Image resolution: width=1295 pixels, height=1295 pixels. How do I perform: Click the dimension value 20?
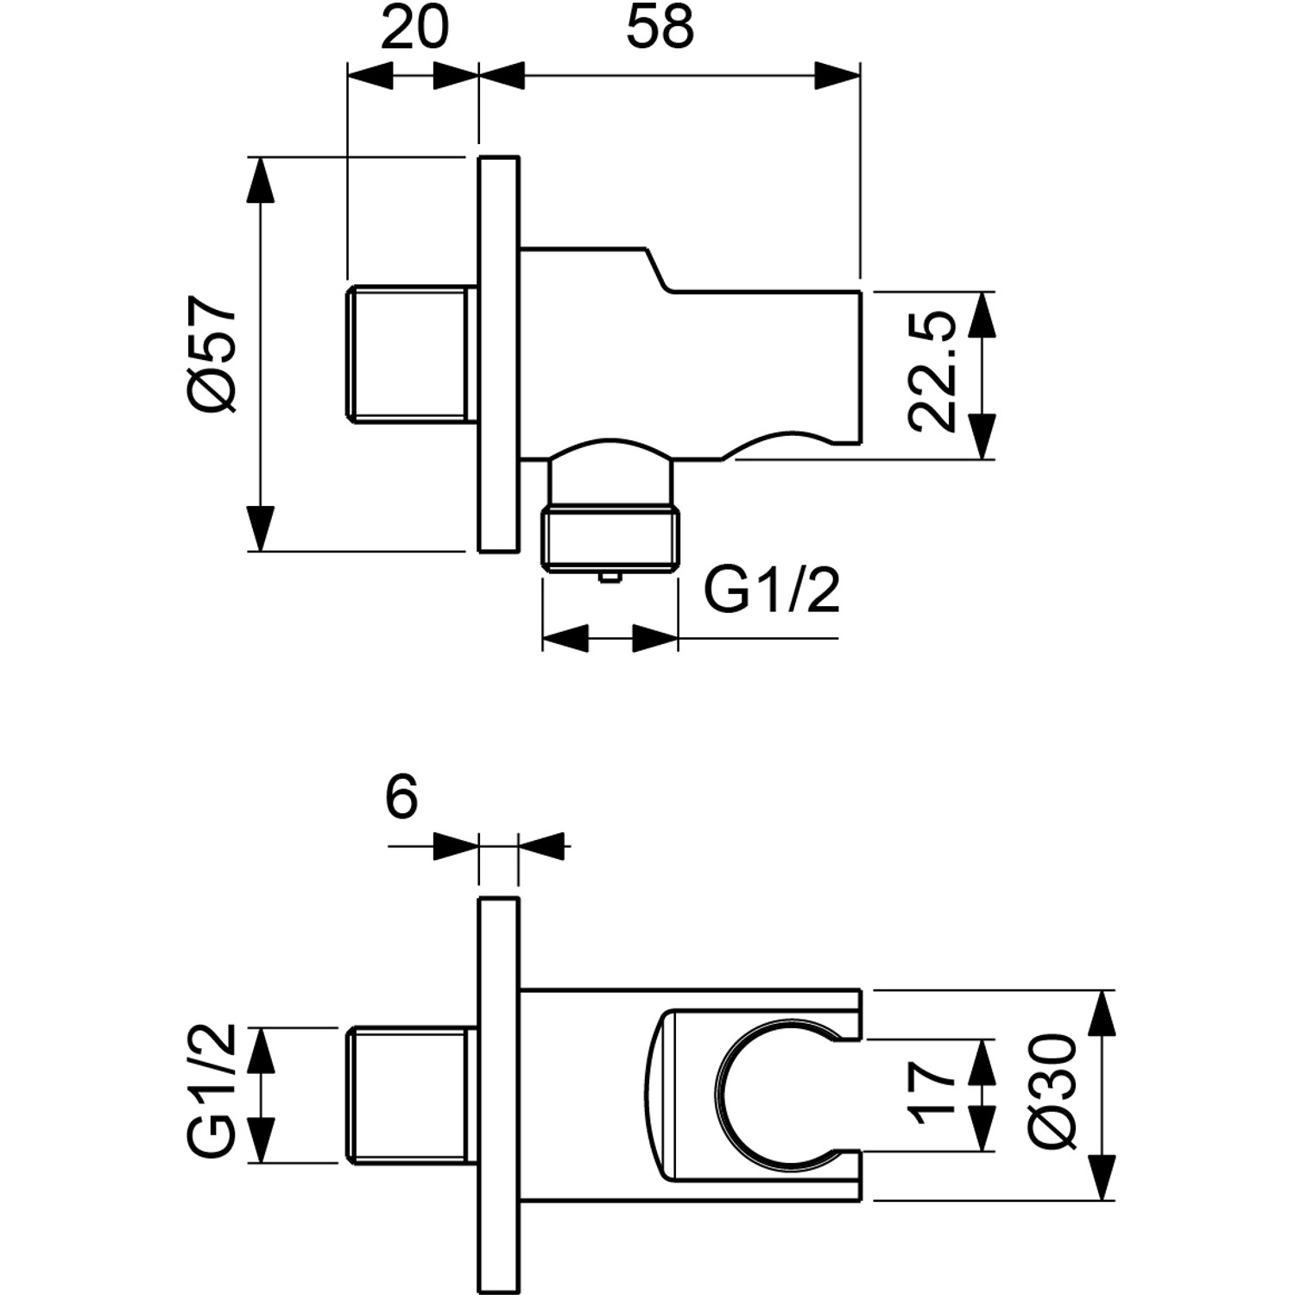(414, 28)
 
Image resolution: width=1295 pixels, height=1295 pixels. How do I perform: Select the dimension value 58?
(660, 28)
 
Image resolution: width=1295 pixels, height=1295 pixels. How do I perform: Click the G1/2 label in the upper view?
(771, 591)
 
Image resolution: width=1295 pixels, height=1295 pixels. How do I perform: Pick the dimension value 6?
(401, 796)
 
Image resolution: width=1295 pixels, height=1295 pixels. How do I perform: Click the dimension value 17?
(932, 1093)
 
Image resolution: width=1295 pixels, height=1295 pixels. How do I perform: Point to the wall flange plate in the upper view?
(499, 354)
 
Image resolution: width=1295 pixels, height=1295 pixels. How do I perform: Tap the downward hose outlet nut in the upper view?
(610, 540)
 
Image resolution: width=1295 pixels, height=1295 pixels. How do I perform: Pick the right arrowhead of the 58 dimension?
(837, 74)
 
